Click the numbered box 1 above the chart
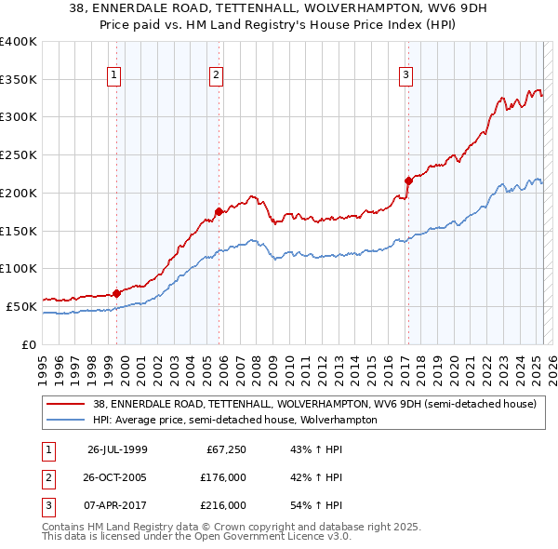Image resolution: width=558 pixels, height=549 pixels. tap(113, 75)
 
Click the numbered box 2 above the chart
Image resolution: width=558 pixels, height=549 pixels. tap(216, 75)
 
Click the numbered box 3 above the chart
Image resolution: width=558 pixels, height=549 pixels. tap(406, 75)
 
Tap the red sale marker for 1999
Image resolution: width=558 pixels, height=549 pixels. tap(117, 293)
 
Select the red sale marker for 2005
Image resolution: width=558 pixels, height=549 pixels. tap(219, 211)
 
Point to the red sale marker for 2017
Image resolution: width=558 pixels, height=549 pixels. tap(407, 181)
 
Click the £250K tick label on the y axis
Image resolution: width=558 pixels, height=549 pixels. tap(19, 154)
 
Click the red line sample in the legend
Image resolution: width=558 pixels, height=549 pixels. tap(66, 405)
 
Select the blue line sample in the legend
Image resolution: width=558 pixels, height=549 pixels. tap(66, 420)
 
